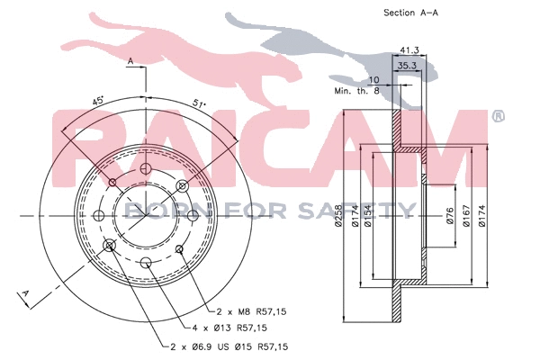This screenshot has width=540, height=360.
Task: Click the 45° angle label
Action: (97, 102)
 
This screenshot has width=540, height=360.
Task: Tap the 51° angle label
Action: (199, 103)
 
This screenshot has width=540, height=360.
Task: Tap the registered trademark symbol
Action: (499, 116)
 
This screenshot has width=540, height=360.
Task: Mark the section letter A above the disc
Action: (130, 61)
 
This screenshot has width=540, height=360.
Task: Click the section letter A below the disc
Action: (26, 294)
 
